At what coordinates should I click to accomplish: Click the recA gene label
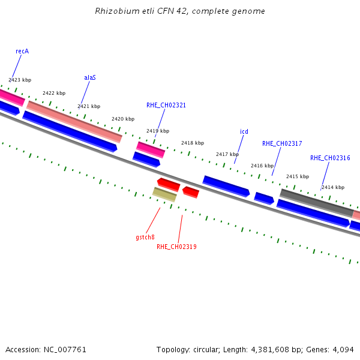click(22, 52)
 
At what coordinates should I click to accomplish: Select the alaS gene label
click(90, 78)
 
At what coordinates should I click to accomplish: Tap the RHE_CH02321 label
click(166, 106)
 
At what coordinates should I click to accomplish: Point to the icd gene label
click(244, 132)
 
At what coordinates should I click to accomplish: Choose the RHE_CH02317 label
click(282, 144)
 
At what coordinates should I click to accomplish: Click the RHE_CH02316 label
click(330, 158)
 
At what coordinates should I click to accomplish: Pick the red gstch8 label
click(145, 238)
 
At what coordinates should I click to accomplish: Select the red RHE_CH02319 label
click(176, 247)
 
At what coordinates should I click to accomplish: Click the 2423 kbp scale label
click(20, 80)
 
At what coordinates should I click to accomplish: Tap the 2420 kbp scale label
click(123, 119)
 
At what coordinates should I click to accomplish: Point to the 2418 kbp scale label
click(193, 143)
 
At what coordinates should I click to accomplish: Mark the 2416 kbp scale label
click(262, 166)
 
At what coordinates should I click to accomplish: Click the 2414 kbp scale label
click(332, 188)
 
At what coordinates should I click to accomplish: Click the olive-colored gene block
click(164, 194)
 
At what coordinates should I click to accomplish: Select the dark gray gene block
click(316, 202)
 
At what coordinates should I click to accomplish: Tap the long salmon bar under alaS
click(74, 122)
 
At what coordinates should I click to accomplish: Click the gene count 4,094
click(344, 349)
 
